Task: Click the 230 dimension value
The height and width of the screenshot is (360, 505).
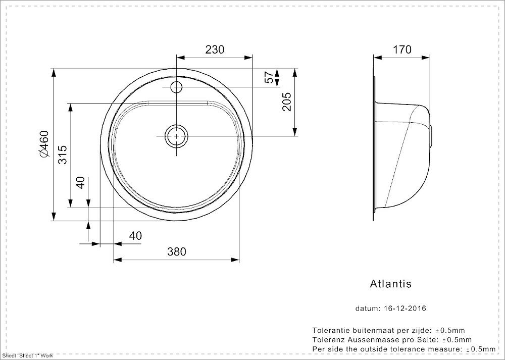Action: tap(215, 49)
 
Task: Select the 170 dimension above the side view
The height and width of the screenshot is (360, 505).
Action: tap(402, 49)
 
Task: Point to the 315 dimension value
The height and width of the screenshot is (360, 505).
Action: tap(63, 155)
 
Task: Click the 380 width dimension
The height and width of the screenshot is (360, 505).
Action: tap(176, 251)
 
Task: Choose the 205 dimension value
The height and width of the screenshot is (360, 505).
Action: tap(286, 102)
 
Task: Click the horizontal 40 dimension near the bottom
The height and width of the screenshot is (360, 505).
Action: tap(135, 236)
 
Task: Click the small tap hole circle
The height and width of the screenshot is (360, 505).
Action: tap(176, 87)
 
